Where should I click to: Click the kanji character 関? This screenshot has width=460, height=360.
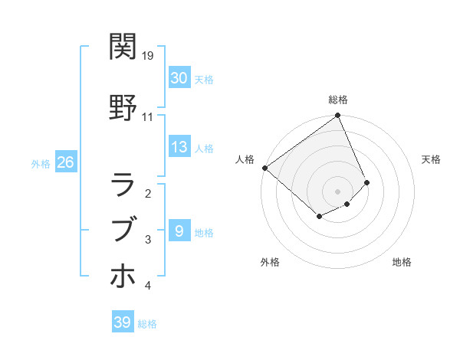coord(123,47)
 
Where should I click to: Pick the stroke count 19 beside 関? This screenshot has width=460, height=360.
coord(148,56)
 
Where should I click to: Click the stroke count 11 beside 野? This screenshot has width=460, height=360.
coord(148,117)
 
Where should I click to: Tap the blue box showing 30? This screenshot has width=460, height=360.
coord(179,78)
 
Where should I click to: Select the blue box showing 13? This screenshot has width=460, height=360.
coord(179,147)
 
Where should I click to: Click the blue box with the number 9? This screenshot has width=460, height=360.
coord(179,231)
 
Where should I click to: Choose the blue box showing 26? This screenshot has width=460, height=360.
coord(65,162)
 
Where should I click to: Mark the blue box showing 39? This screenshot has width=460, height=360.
coord(123,322)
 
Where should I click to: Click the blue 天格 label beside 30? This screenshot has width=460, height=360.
coord(204,80)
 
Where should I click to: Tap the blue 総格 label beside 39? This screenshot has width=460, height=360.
coord(147,324)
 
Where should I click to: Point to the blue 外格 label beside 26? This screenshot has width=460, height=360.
coord(41,163)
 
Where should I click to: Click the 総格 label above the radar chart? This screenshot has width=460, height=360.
coord(338,100)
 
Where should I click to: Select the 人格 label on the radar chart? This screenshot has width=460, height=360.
coord(245,159)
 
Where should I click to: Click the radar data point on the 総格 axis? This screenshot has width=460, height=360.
coord(338,116)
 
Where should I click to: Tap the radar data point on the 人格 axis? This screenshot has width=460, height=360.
coord(264,168)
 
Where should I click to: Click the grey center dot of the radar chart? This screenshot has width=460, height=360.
coord(337,190)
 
